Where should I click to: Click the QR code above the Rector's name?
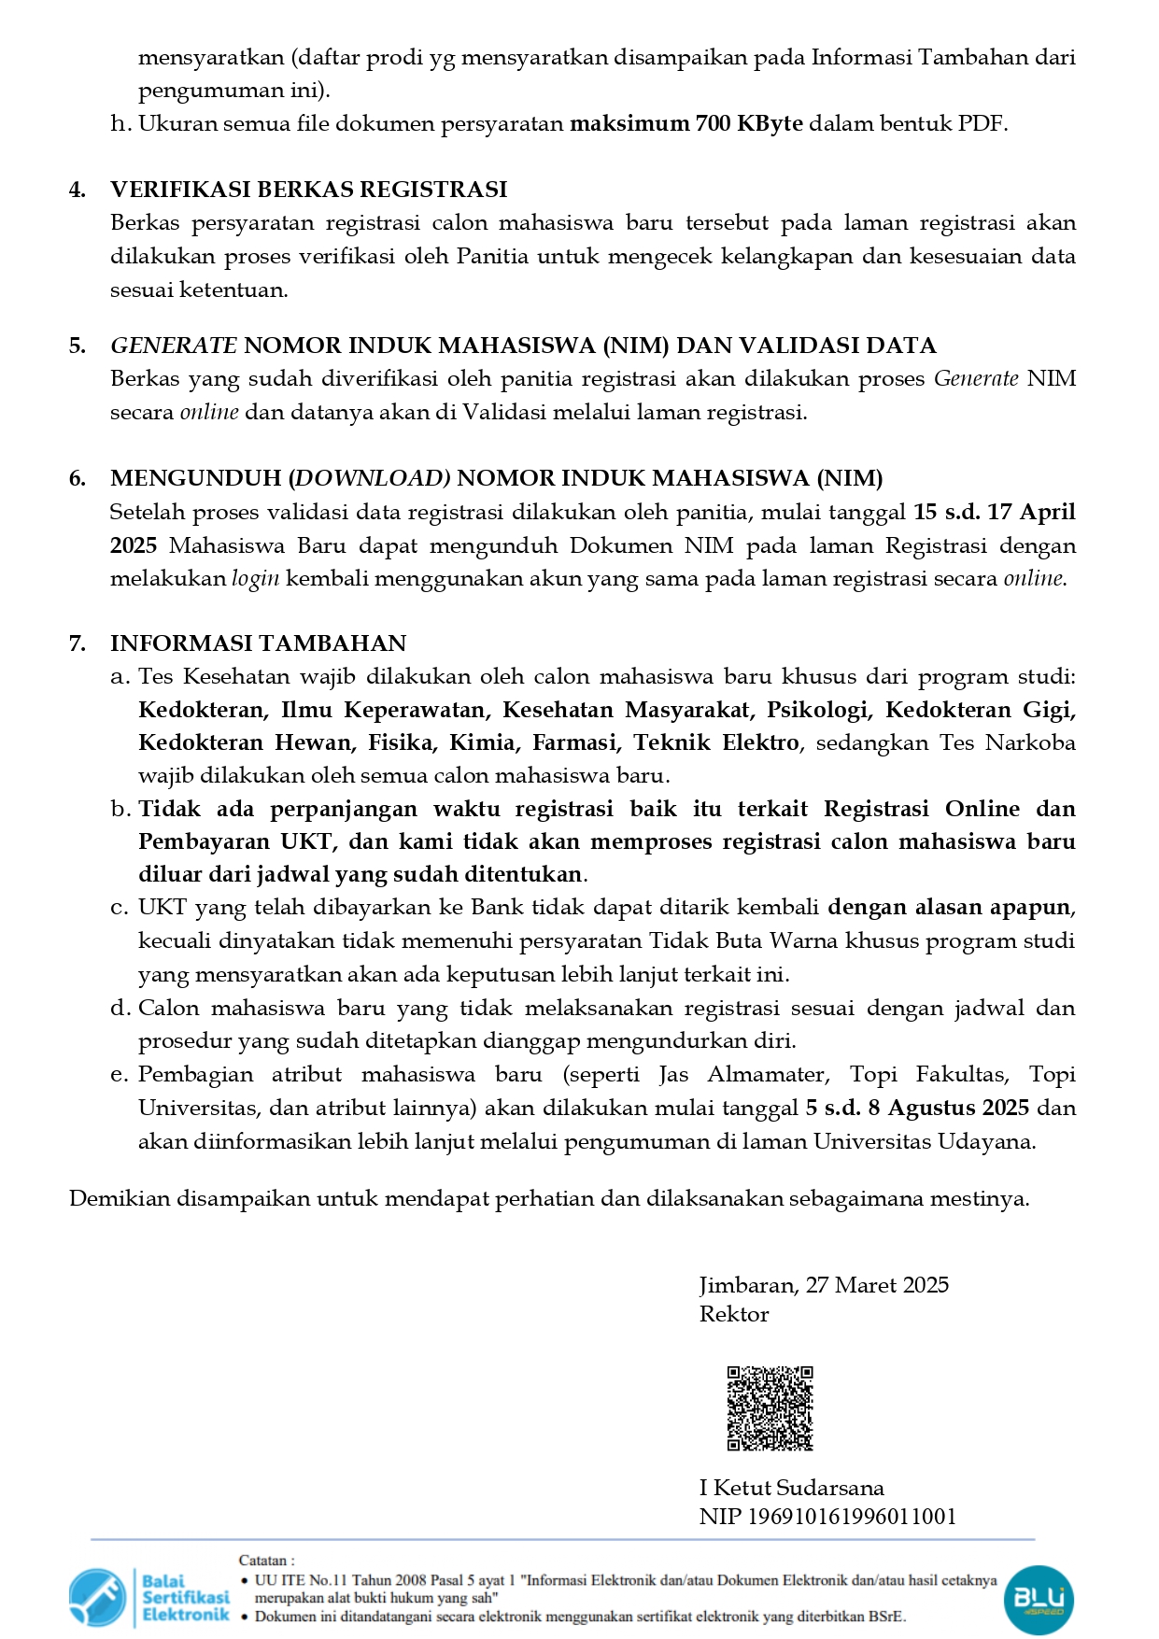click(x=770, y=1408)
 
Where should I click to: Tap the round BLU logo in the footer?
click(x=1039, y=1599)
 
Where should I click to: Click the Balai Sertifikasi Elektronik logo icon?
click(x=96, y=1598)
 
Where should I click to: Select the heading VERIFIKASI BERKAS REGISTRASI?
click(x=308, y=190)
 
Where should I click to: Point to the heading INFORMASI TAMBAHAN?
click(x=258, y=643)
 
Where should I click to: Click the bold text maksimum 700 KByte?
click(x=686, y=123)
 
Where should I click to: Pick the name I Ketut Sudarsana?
click(x=791, y=1488)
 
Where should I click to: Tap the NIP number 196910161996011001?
click(x=852, y=1517)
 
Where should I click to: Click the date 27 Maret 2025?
click(x=877, y=1285)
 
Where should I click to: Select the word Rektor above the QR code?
click(x=734, y=1314)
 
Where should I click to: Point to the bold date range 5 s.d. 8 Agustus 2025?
click(x=917, y=1108)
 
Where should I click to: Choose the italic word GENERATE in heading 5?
click(x=173, y=346)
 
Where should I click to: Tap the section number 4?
click(x=78, y=190)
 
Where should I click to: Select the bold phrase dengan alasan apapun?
click(x=949, y=908)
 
